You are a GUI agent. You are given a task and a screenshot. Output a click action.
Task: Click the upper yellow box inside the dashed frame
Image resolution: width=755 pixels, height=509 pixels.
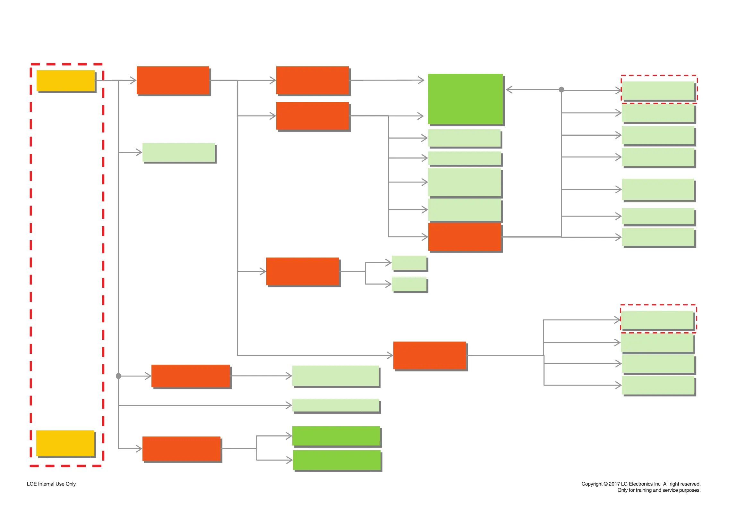pyautogui.click(x=65, y=81)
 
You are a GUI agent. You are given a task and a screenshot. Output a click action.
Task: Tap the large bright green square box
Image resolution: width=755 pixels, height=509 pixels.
pyautogui.click(x=465, y=99)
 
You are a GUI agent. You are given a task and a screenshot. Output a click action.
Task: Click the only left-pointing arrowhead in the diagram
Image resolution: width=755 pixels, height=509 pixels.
pyautogui.click(x=509, y=89)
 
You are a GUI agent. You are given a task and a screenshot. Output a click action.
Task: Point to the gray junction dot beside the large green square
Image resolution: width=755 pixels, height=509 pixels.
pyautogui.click(x=561, y=89)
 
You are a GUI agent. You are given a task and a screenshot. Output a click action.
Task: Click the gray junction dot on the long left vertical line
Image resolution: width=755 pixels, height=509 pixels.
pyautogui.click(x=118, y=376)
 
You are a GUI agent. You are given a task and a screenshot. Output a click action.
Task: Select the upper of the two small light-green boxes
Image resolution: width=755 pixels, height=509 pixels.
pyautogui.click(x=409, y=263)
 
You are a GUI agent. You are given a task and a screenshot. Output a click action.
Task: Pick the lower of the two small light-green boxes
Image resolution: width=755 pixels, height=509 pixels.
pyautogui.click(x=409, y=284)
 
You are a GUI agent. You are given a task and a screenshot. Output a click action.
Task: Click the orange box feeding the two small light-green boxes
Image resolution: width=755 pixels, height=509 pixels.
pyautogui.click(x=302, y=271)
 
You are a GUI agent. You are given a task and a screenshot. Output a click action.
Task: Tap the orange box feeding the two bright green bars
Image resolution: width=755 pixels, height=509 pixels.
pyautogui.click(x=181, y=449)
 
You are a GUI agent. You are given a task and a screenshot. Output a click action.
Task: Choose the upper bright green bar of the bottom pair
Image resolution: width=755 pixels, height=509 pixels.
pyautogui.click(x=336, y=436)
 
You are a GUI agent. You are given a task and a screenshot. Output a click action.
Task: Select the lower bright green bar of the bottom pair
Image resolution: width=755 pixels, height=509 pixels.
pyautogui.click(x=336, y=460)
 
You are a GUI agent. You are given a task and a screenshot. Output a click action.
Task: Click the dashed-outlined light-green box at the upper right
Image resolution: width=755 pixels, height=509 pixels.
pyautogui.click(x=658, y=90)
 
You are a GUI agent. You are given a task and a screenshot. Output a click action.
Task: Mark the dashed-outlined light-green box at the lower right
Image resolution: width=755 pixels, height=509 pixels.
pyautogui.click(x=657, y=320)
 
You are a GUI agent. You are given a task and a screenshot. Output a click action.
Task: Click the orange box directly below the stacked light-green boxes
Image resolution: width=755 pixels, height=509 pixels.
pyautogui.click(x=464, y=237)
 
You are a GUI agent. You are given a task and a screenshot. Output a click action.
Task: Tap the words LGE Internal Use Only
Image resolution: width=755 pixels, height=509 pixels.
pyautogui.click(x=51, y=484)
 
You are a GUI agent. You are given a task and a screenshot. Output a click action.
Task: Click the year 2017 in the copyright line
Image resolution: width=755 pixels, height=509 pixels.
pyautogui.click(x=614, y=484)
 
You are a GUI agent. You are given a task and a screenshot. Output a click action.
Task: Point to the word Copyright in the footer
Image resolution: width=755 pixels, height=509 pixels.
pyautogui.click(x=592, y=484)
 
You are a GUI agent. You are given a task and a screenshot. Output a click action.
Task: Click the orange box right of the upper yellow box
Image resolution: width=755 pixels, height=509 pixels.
pyautogui.click(x=173, y=81)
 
